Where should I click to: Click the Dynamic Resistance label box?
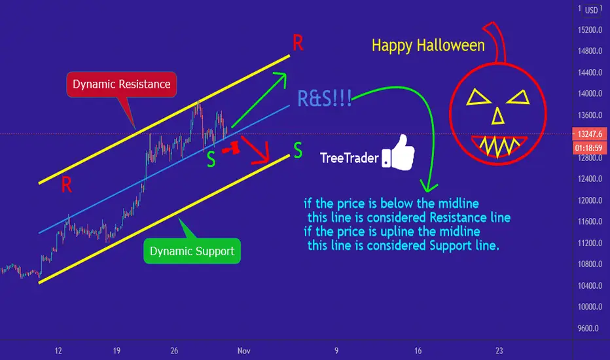tap(121, 84)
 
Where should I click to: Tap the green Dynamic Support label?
tap(192, 251)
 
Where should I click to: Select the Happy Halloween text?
tap(428, 46)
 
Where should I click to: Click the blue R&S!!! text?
tap(325, 98)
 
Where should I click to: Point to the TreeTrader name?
tap(349, 158)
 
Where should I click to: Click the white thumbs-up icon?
tap(399, 153)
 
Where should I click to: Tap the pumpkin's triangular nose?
tap(498, 117)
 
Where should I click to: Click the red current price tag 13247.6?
tap(589, 134)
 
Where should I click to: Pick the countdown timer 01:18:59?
tap(589, 148)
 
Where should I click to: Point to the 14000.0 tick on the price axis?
tap(590, 94)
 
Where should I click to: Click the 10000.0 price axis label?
tap(590, 307)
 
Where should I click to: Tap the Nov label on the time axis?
tap(244, 351)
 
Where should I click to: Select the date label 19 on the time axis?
tap(117, 351)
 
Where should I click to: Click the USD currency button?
tap(591, 10)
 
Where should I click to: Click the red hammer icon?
tap(230, 149)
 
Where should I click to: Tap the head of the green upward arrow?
tap(281, 77)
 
